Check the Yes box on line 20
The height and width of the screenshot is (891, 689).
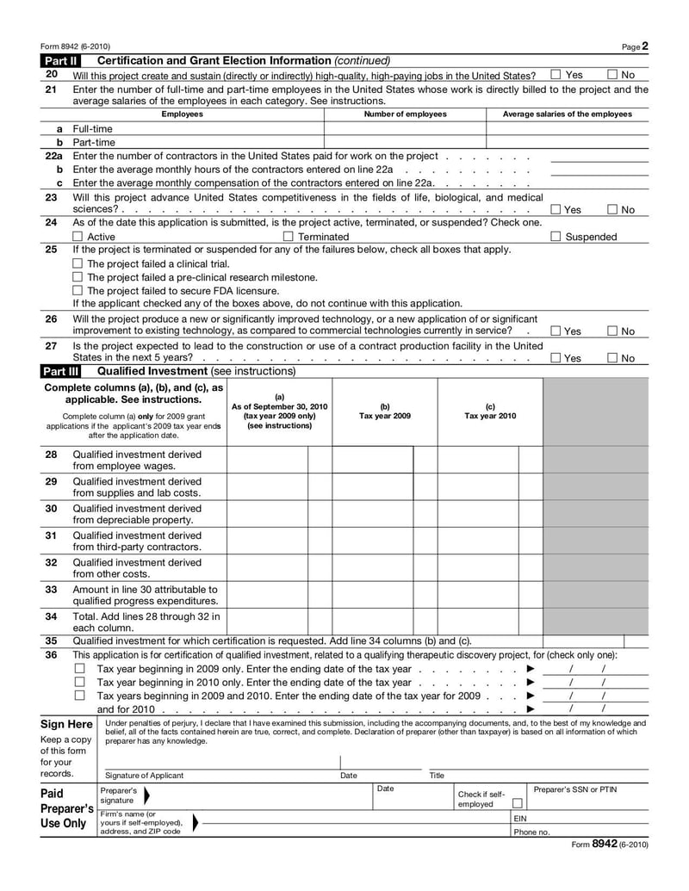click(x=556, y=75)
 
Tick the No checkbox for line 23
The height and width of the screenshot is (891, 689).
click(x=612, y=209)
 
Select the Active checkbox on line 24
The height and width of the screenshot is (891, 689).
click(x=78, y=237)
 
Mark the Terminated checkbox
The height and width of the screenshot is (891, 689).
click(x=289, y=237)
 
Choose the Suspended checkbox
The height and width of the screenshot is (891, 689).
click(x=556, y=237)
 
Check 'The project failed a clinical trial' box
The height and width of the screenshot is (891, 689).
click(x=78, y=263)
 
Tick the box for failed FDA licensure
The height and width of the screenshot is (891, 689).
click(x=78, y=290)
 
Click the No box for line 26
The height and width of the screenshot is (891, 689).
click(x=612, y=331)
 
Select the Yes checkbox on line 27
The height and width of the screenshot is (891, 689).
click(x=556, y=358)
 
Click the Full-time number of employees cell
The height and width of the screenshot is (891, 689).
click(x=405, y=128)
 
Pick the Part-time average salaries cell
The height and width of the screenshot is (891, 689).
click(x=567, y=142)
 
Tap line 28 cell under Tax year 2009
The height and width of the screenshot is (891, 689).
click(x=373, y=460)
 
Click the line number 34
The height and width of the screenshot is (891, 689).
click(x=51, y=616)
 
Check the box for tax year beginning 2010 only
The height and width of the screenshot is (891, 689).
click(x=79, y=682)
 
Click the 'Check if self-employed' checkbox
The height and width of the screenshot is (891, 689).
click(x=518, y=803)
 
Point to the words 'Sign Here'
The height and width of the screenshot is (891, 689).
click(x=66, y=725)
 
